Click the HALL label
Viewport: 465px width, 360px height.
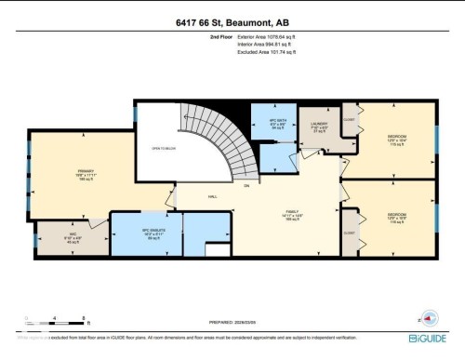click(212, 197)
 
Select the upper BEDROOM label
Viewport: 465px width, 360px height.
click(398, 137)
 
